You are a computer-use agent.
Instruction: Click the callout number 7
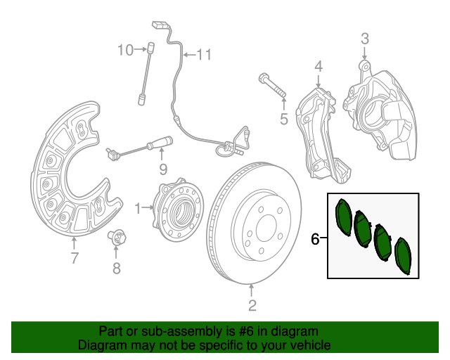pyautogui.click(x=75, y=258)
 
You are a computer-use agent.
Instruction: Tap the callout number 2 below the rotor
pyautogui.click(x=252, y=305)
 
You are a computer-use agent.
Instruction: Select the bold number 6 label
pyautogui.click(x=315, y=239)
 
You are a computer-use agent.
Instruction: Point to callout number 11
pyautogui.click(x=204, y=55)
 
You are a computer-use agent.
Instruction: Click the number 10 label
pyautogui.click(x=126, y=50)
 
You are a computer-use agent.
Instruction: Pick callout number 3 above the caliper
pyautogui.click(x=365, y=39)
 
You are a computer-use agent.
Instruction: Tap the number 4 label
pyautogui.click(x=319, y=67)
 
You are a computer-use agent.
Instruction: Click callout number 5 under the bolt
pyautogui.click(x=284, y=119)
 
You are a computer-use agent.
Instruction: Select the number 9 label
pyautogui.click(x=163, y=169)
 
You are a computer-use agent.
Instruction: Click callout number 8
pyautogui.click(x=116, y=269)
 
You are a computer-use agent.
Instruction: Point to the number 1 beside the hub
pyautogui.click(x=138, y=208)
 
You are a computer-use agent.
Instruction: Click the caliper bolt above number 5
pyautogui.click(x=272, y=85)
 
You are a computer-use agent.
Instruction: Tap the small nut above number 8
pyautogui.click(x=117, y=238)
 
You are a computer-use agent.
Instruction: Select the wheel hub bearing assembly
pyautogui.click(x=178, y=210)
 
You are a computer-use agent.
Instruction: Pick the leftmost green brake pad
pyautogui.click(x=344, y=217)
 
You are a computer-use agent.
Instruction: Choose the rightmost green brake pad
pyautogui.click(x=403, y=256)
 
